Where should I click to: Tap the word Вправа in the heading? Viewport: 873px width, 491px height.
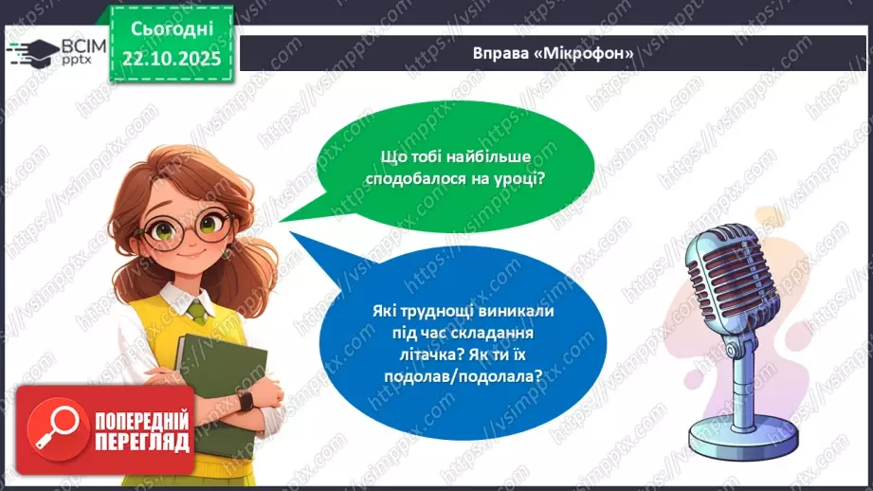click(x=501, y=54)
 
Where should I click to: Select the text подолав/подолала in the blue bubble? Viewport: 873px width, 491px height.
click(x=485, y=374)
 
